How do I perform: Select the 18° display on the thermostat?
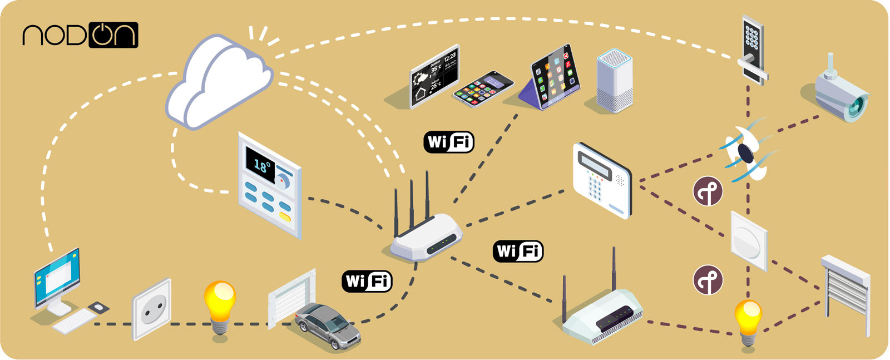(x=261, y=165)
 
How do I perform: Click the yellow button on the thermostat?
(x=285, y=217)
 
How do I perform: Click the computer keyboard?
(x=75, y=321)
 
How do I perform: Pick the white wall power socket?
(x=151, y=309)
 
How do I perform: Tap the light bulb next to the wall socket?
(x=220, y=306)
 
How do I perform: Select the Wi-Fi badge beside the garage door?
(x=367, y=281)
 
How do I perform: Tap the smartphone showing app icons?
(x=483, y=88)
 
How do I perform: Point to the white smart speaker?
(x=614, y=80)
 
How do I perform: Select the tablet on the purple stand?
(x=554, y=75)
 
